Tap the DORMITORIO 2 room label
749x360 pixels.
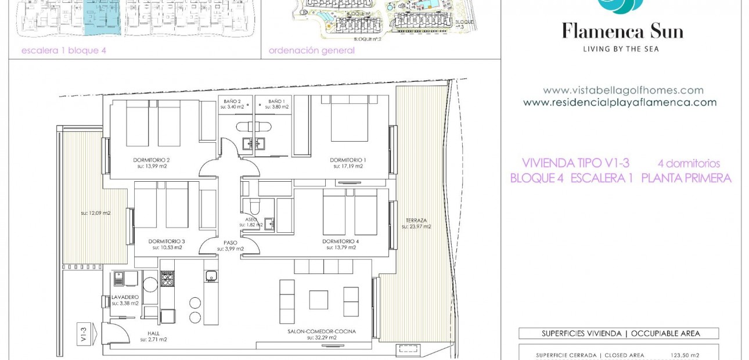[151, 160]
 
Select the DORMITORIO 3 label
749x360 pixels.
[167, 241]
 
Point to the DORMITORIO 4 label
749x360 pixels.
[341, 241]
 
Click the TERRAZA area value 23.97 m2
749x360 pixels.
[416, 226]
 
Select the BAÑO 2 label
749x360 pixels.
[232, 101]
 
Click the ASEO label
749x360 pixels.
[250, 219]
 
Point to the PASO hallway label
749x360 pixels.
[230, 243]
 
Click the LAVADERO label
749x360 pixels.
[125, 297]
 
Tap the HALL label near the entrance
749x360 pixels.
[153, 333]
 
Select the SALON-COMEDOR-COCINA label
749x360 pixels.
[321, 332]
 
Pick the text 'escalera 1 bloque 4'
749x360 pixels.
[63, 51]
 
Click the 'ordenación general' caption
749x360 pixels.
[311, 51]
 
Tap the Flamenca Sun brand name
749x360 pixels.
[622, 31]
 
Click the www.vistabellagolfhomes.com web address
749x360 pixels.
[623, 91]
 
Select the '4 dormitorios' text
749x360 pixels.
[689, 164]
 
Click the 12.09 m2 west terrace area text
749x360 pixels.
[96, 213]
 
